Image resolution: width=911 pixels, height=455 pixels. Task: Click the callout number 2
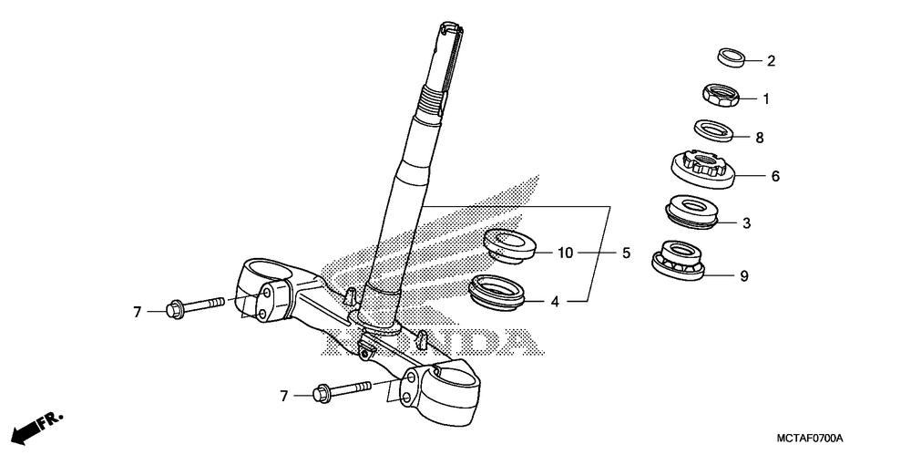(770, 62)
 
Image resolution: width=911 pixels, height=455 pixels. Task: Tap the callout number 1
(766, 98)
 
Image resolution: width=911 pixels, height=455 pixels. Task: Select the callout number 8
(759, 138)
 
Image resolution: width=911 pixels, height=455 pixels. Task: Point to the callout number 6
(775, 176)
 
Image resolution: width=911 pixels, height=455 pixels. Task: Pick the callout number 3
(745, 222)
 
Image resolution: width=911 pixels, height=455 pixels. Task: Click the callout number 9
(743, 275)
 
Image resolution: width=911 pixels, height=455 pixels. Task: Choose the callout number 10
(566, 253)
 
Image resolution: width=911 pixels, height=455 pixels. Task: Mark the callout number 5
(626, 253)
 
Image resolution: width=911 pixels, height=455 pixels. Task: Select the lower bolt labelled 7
(342, 390)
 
